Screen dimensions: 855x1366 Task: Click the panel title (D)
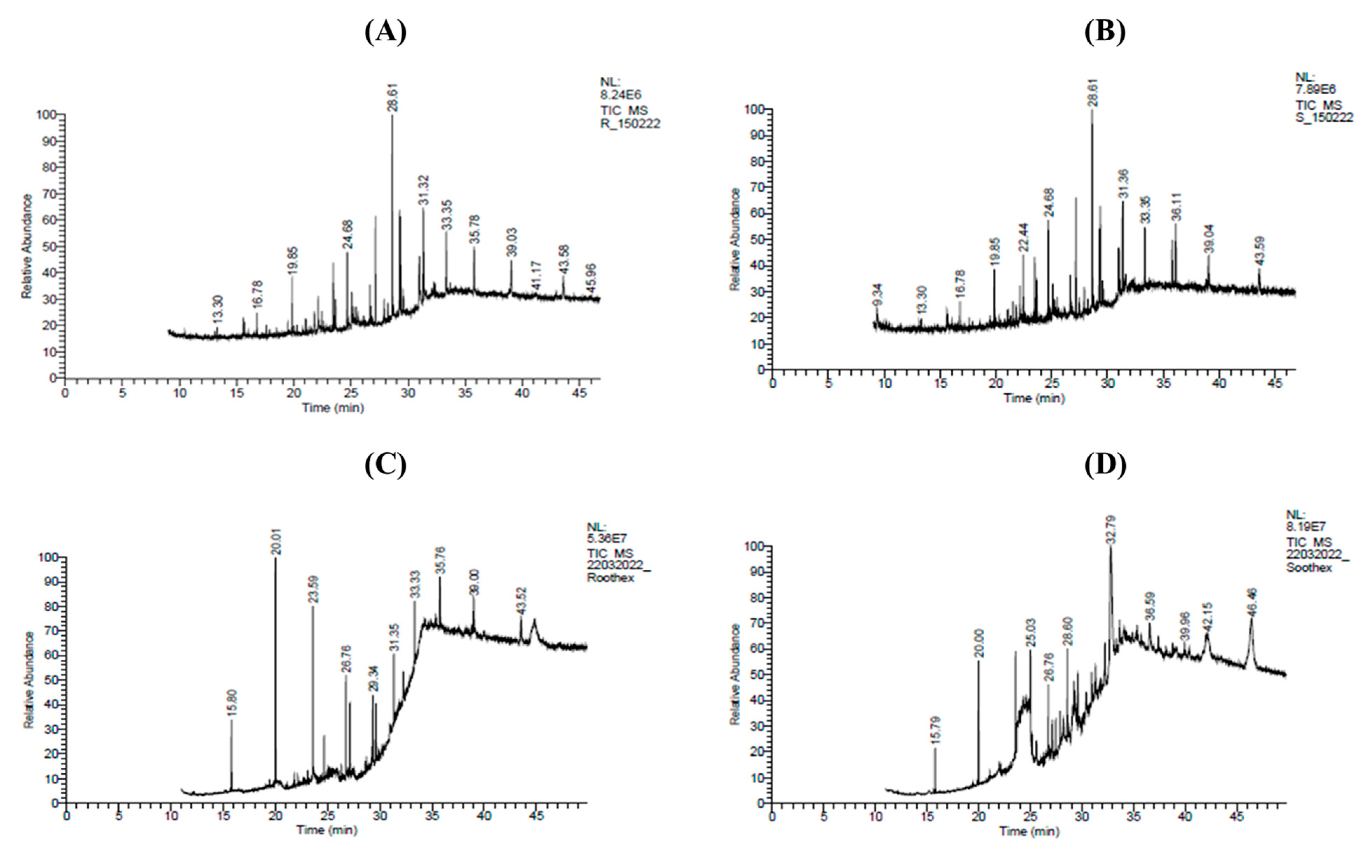click(x=1105, y=465)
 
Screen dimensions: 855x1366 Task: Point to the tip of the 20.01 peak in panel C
click(x=276, y=558)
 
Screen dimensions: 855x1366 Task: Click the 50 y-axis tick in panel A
click(x=49, y=246)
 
